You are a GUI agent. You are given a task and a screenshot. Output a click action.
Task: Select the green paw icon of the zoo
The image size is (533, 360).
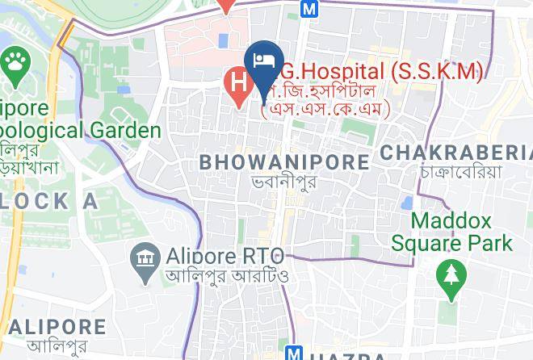point(15,61)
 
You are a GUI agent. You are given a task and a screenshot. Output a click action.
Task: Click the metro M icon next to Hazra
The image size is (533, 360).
point(295,354)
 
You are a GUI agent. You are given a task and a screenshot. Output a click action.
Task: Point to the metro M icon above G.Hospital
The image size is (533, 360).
point(309,8)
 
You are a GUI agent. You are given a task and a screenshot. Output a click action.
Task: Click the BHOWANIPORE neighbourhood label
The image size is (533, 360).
point(284,161)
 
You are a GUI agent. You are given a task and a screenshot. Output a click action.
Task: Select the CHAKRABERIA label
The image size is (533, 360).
point(455,153)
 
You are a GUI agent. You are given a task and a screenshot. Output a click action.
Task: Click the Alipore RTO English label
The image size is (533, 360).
point(225,257)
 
